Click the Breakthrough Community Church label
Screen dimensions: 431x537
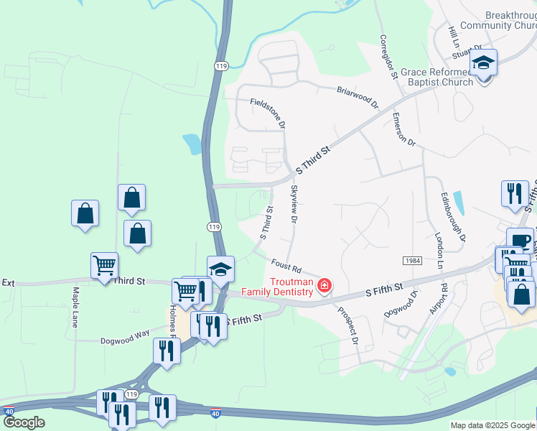coord(499,20)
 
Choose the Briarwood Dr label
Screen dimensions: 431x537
coord(358,96)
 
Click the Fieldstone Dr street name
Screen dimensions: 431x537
coord(268,113)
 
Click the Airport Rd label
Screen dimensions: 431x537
coord(439,299)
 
